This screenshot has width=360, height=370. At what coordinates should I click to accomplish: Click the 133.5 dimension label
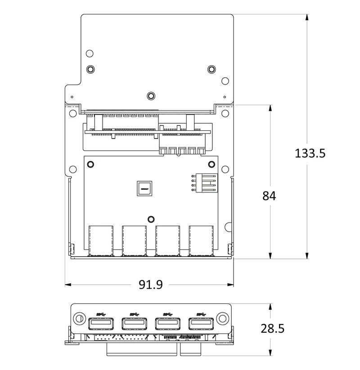310,153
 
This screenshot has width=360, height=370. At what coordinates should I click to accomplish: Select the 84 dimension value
269,196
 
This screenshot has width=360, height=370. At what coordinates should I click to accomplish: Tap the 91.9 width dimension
150,285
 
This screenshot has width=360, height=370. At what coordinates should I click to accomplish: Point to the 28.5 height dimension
272,329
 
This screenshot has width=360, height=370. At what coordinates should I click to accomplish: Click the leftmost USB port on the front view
101,324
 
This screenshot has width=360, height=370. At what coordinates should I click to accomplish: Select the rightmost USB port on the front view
201,324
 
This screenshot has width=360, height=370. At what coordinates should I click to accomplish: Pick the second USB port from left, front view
135,324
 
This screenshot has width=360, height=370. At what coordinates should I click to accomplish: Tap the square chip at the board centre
144,188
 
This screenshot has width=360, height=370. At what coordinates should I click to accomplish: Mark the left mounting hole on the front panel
79,318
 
